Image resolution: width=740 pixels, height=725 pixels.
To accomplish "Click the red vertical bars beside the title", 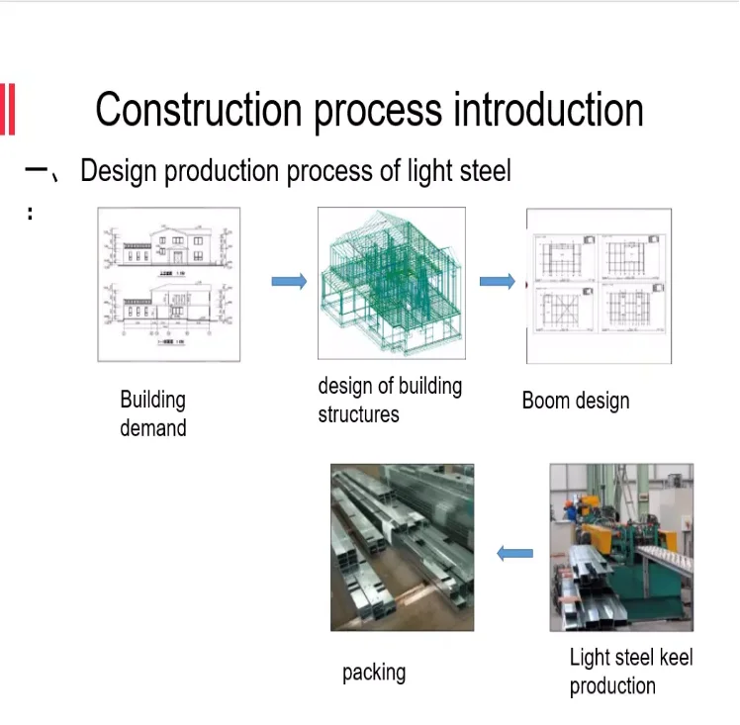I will pyautogui.click(x=8, y=109).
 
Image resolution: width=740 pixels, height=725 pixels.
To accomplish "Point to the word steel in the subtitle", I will pyautogui.click(x=485, y=171).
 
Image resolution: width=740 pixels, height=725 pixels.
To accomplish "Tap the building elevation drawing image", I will pyautogui.click(x=168, y=284).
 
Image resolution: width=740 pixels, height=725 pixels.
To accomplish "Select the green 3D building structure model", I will pyautogui.click(x=391, y=283).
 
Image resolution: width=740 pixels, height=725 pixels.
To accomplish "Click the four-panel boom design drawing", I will pyautogui.click(x=599, y=286).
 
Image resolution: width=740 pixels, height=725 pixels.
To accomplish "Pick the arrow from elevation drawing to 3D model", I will pyautogui.click(x=289, y=282).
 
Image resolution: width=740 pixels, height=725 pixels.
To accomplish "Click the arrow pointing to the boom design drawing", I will pyautogui.click(x=497, y=282).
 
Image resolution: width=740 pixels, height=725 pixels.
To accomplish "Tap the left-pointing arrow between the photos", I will pyautogui.click(x=513, y=554).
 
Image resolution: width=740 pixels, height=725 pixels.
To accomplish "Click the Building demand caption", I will pyautogui.click(x=152, y=413).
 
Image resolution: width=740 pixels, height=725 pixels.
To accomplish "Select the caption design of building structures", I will pyautogui.click(x=390, y=400).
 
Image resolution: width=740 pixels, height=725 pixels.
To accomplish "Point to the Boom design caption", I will pyautogui.click(x=575, y=401).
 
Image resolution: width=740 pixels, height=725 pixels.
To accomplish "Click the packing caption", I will pyautogui.click(x=374, y=673).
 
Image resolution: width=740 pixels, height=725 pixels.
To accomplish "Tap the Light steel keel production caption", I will pyautogui.click(x=630, y=671).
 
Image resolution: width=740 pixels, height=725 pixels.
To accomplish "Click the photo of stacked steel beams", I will pyautogui.click(x=402, y=547).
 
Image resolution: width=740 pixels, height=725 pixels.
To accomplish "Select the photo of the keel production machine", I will pyautogui.click(x=621, y=547).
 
